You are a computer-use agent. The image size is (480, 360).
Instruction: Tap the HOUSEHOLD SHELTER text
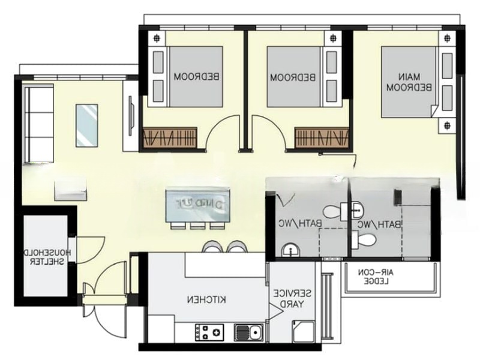pyautogui.click(x=48, y=259)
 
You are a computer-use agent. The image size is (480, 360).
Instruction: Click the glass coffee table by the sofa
pyautogui.click(x=86, y=125)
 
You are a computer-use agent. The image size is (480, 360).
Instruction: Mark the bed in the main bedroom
pyautogui.click(x=408, y=78)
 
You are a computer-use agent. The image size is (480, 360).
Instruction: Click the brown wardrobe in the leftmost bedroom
pyautogui.click(x=170, y=137)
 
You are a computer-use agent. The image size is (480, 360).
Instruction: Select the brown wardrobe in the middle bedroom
pyautogui.click(x=321, y=137)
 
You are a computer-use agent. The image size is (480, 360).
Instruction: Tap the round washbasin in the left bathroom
pyautogui.click(x=290, y=250)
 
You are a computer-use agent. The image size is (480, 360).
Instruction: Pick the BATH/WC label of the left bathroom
pyautogui.click(x=292, y=224)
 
